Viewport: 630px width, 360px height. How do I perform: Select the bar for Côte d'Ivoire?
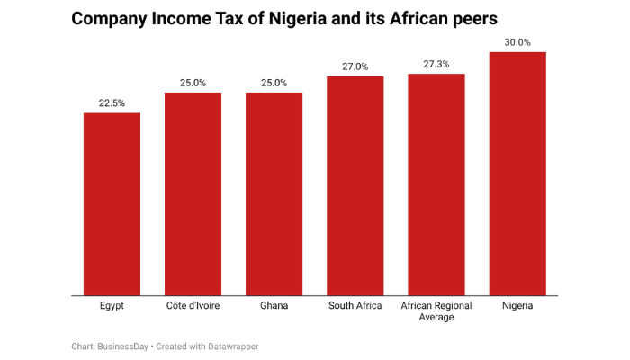(193, 193)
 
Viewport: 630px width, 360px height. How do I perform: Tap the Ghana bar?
(274, 193)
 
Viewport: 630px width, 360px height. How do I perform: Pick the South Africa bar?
(355, 185)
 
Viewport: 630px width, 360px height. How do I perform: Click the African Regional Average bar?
(436, 184)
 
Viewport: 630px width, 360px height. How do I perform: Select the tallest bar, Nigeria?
(517, 174)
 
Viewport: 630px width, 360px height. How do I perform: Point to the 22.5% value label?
(112, 103)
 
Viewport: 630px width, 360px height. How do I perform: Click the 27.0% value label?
(355, 66)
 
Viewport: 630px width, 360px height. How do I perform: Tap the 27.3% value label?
(436, 63)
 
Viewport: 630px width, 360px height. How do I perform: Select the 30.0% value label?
(517, 41)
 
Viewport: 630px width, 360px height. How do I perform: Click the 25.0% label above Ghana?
(274, 83)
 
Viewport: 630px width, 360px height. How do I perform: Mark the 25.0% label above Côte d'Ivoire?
(193, 83)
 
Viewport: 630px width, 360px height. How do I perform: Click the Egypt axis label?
(112, 306)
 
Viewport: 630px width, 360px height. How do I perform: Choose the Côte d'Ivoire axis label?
(193, 306)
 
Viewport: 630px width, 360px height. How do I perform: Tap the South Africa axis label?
(355, 306)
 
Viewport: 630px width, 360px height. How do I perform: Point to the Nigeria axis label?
(517, 306)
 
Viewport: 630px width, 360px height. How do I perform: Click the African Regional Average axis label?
(436, 311)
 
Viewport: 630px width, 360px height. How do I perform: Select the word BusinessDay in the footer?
(123, 346)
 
